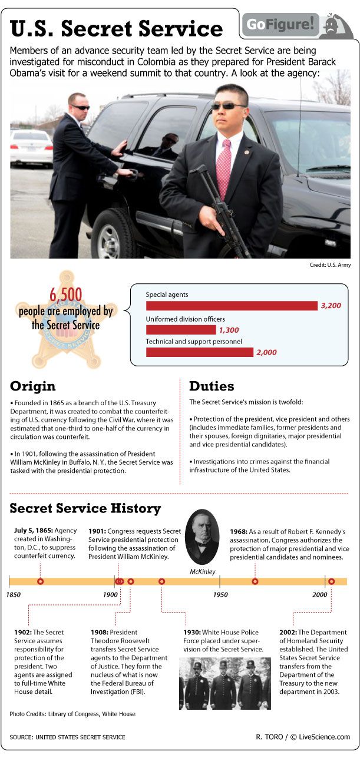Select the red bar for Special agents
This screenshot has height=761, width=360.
pyautogui.click(x=232, y=306)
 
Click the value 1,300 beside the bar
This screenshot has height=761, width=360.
pyautogui.click(x=229, y=330)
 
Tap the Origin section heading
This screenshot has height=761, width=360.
pyautogui.click(x=33, y=386)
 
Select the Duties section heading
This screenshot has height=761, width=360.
pyautogui.click(x=212, y=386)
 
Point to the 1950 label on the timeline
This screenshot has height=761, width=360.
pyautogui.click(x=220, y=595)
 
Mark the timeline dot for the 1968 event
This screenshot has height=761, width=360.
pyautogui.click(x=255, y=581)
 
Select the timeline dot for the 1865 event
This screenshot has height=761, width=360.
pyautogui.click(x=40, y=581)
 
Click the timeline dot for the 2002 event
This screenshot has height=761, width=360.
pyautogui.click(x=331, y=581)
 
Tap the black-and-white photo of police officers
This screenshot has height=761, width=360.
pyautogui.click(x=225, y=683)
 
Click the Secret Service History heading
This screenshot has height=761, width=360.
pyautogui.click(x=85, y=508)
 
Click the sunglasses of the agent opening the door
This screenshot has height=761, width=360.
pyautogui.click(x=81, y=107)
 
